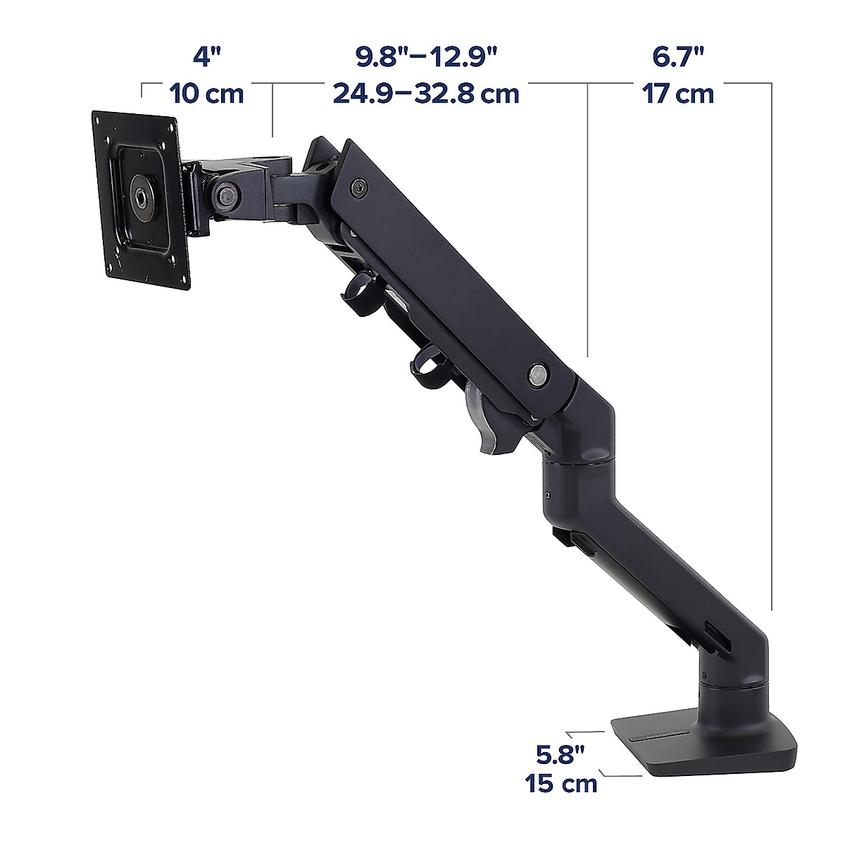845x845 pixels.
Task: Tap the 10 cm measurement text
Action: coord(206,93)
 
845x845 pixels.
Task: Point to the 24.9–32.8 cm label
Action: coord(426,93)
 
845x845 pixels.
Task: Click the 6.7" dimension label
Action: coord(678,56)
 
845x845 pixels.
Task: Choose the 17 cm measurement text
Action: coord(677,93)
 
